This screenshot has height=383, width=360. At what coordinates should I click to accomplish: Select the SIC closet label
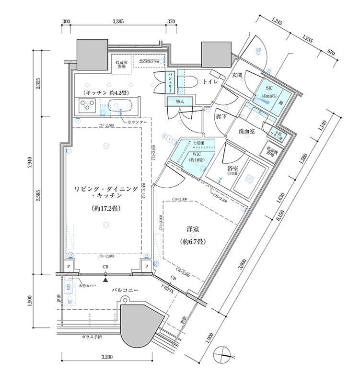(268, 87)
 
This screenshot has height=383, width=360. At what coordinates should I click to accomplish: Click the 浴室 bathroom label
(233, 169)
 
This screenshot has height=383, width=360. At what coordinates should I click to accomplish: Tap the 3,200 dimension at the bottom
(106, 357)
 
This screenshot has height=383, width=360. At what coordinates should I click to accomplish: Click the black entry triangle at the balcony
(105, 275)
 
